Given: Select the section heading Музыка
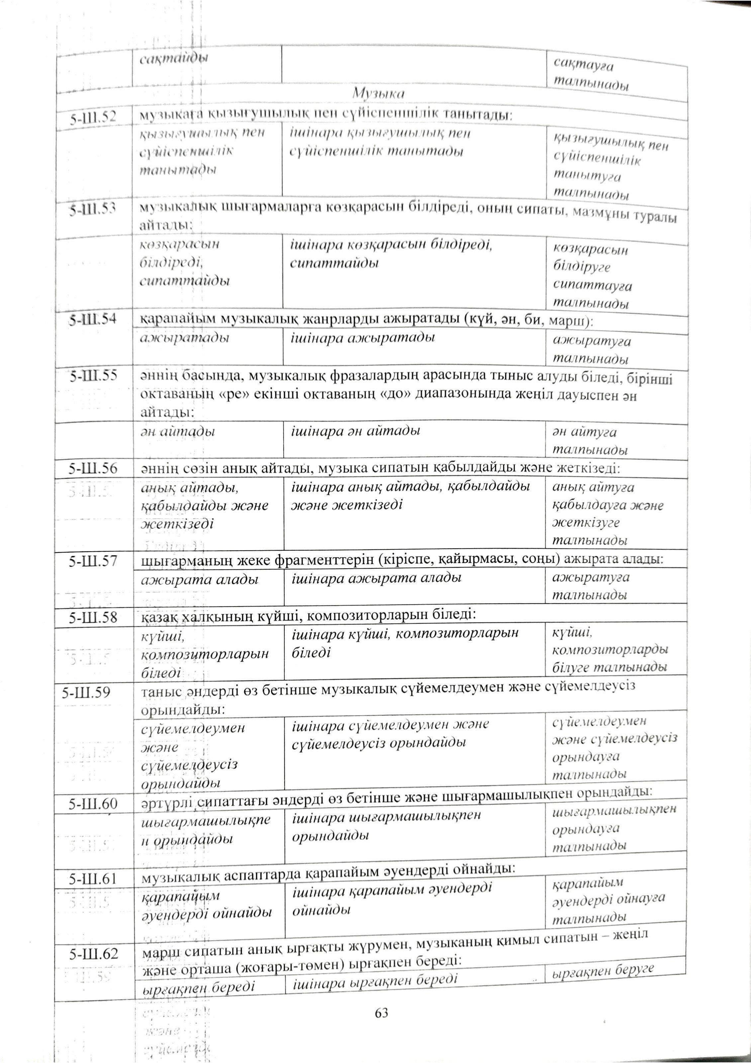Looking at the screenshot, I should coord(378,94).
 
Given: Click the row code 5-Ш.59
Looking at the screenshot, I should coord(87,693).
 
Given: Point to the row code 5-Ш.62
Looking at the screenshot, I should coord(93,954).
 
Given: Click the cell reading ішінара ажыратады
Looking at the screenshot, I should coord(362,338).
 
